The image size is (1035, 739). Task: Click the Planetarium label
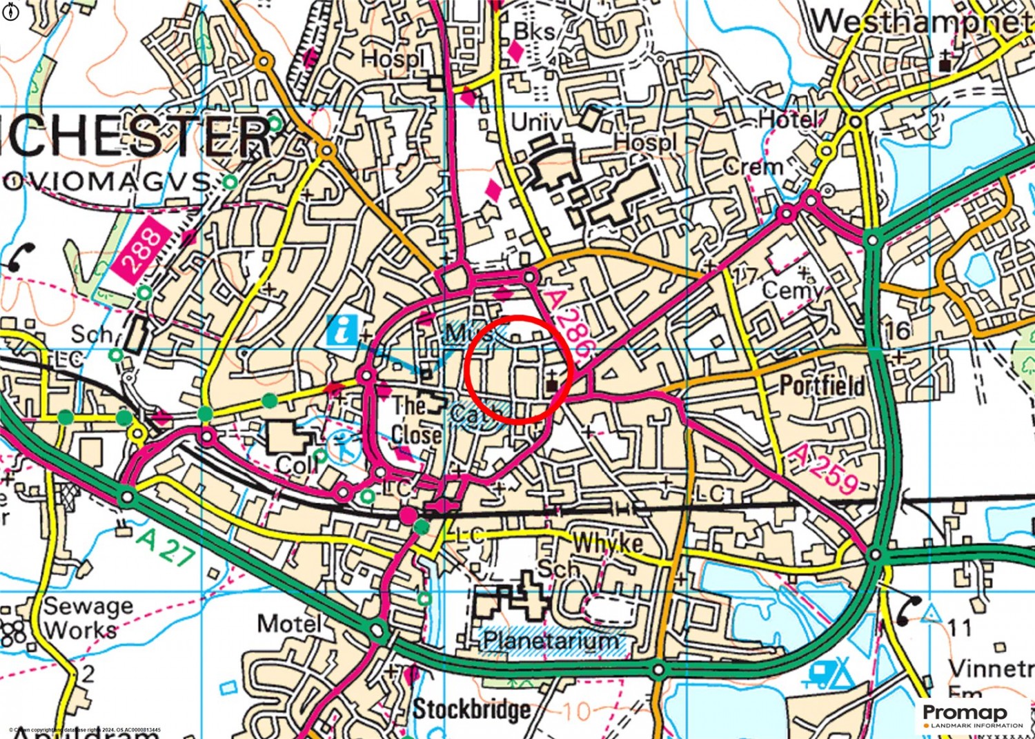[550, 640]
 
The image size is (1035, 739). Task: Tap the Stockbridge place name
[472, 709]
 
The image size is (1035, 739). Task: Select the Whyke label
[607, 543]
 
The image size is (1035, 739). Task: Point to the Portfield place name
[822, 386]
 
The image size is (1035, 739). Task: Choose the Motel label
[289, 624]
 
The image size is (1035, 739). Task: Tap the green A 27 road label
[165, 547]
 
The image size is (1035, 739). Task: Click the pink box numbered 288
[142, 250]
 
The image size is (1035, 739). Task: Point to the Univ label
[536, 123]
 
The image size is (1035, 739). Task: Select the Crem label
[753, 167]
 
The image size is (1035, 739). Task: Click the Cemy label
[792, 290]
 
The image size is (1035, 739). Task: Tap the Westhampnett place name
[921, 22]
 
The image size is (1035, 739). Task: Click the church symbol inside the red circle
[552, 381]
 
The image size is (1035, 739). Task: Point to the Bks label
[534, 30]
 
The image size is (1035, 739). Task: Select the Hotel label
[789, 120]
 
